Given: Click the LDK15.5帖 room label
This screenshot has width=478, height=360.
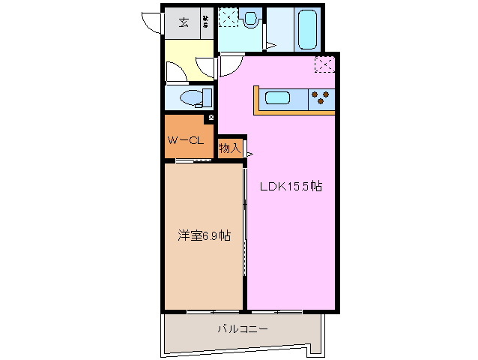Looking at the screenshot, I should pyautogui.click(x=291, y=187).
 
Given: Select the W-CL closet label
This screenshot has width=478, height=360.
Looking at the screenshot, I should pyautogui.click(x=184, y=139).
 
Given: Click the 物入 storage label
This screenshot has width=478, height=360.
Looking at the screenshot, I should pyautogui.click(x=229, y=148).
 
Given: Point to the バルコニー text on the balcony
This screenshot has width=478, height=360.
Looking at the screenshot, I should pyautogui.click(x=242, y=328).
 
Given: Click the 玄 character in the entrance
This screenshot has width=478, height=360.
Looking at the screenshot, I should pyautogui.click(x=183, y=22).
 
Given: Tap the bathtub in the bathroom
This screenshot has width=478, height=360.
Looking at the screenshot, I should pyautogui.click(x=307, y=28).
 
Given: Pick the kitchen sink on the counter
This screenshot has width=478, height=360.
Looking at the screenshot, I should pyautogui.click(x=278, y=97).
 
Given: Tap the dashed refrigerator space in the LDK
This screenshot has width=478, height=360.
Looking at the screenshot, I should pyautogui.click(x=324, y=64).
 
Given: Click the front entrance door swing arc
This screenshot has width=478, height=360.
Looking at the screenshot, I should pyautogui.click(x=152, y=22).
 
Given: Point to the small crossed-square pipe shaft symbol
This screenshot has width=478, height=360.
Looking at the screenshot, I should pyautogui.click(x=212, y=118).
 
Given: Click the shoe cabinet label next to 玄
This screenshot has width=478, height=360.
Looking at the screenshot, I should pyautogui.click(x=206, y=22).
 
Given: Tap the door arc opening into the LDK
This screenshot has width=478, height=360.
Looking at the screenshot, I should pyautogui.click(x=228, y=66).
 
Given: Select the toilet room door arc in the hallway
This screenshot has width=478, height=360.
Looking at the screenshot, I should pyautogui.click(x=178, y=71).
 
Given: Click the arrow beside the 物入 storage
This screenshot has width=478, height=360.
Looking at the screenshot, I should pyautogui.click(x=249, y=154).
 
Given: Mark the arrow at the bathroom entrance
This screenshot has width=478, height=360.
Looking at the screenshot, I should pyautogui.click(x=272, y=46).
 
